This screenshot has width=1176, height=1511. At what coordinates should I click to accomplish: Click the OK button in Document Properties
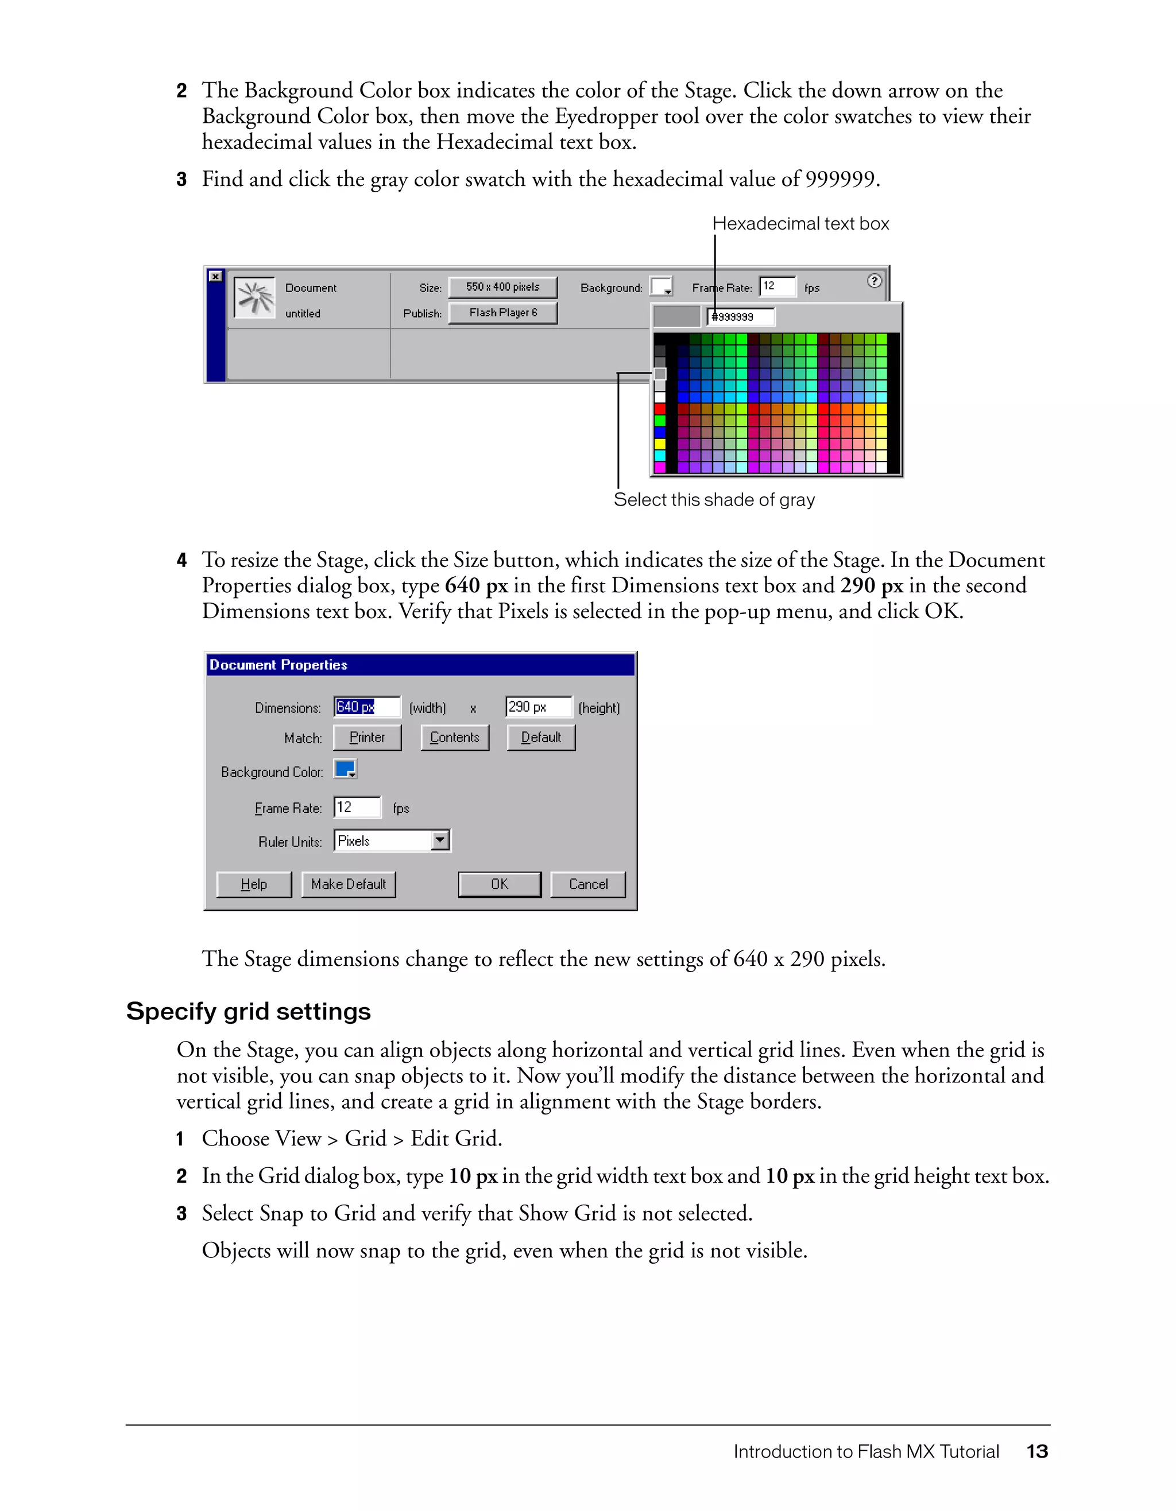click(499, 884)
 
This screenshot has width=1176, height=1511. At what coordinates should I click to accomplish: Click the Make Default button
click(348, 884)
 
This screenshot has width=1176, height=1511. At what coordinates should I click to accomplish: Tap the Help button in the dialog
click(254, 884)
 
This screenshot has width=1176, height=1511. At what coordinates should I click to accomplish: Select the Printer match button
click(367, 737)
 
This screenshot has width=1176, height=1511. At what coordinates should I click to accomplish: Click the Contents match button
click(455, 737)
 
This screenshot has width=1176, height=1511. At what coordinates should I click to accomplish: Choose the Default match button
click(540, 737)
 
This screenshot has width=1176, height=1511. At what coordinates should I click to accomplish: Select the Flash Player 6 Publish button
click(502, 313)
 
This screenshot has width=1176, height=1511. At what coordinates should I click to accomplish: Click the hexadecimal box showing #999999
click(741, 317)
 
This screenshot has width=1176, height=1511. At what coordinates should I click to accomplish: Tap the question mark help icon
click(874, 280)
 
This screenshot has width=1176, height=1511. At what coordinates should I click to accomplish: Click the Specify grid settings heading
click(249, 1012)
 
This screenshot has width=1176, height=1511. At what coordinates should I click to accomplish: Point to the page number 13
click(1037, 1451)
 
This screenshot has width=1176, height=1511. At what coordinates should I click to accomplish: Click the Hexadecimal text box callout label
click(800, 223)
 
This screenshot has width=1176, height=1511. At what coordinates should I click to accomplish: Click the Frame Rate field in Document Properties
click(357, 807)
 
